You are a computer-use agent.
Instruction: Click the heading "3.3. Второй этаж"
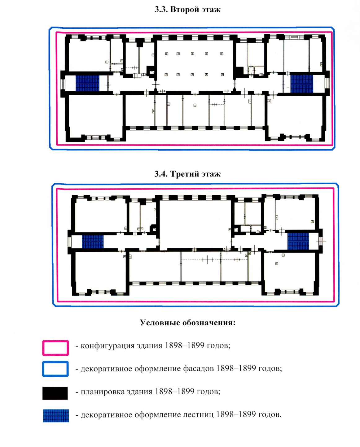point(187,10)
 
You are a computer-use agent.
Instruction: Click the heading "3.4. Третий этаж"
point(187,174)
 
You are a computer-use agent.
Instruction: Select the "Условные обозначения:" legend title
point(188,323)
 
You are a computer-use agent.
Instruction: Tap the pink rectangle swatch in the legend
point(55,348)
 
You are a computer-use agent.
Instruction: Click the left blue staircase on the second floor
point(87,83)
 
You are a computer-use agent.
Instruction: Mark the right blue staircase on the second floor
point(301,84)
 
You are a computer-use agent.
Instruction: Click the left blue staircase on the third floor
point(93,241)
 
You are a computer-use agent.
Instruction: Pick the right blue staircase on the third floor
point(298,241)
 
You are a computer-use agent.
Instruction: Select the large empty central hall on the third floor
point(195,224)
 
